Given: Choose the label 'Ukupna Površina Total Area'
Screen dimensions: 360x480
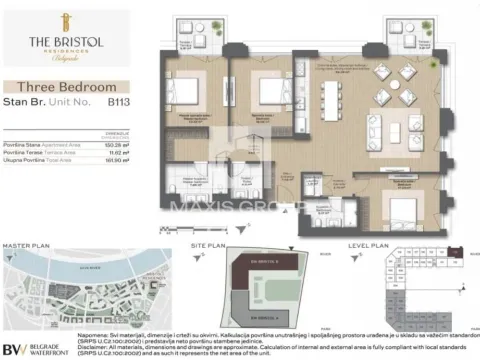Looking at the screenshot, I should click(40, 160).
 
